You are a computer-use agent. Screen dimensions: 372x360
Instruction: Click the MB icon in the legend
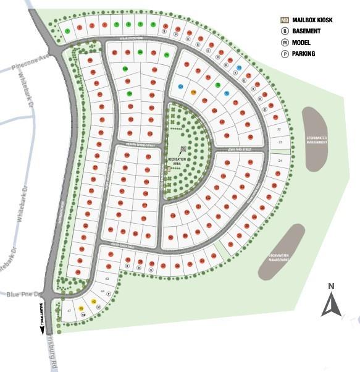pos(284,20)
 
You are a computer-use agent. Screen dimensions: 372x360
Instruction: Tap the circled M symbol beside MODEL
pos(285,43)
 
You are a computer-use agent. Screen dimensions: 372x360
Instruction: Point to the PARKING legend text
pos(303,54)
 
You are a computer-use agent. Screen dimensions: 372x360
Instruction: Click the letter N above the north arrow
pos(331,285)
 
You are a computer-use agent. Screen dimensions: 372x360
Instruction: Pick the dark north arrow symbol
pos(332,304)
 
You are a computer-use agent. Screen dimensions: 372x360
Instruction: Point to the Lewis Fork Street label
pos(240,149)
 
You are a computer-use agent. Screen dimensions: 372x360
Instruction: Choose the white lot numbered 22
pos(279,129)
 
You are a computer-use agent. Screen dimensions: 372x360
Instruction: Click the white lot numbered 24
pos(279,161)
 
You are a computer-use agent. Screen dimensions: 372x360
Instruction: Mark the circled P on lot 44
pos(109,294)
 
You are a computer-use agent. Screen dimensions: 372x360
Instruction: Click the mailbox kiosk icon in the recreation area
pos(183,149)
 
